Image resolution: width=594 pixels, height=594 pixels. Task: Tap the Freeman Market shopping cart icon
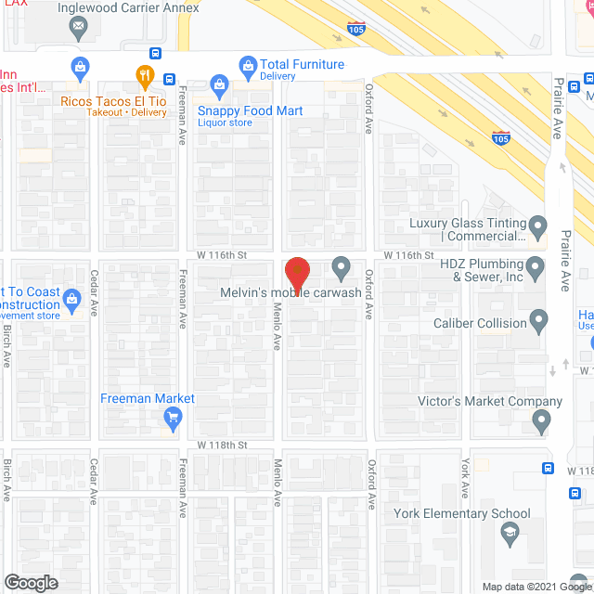coord(172,419)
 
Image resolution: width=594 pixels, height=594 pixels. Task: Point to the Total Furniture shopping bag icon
coord(248,65)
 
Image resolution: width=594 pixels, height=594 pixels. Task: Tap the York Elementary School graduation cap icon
coord(510,533)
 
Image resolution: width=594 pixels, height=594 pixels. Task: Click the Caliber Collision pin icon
coord(540,322)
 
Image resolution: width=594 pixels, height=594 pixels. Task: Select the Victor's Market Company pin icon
coord(542,422)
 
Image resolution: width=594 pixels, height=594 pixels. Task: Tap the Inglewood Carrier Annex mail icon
coord(78,28)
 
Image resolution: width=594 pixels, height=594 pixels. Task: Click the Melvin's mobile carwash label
coord(291,293)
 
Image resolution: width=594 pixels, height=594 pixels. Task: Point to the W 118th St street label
coord(221,445)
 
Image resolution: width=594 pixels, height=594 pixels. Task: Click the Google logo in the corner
coord(30,582)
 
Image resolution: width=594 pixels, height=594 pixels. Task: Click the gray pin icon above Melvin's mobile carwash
coord(341,267)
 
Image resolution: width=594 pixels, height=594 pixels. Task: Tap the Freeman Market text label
coord(148,398)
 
